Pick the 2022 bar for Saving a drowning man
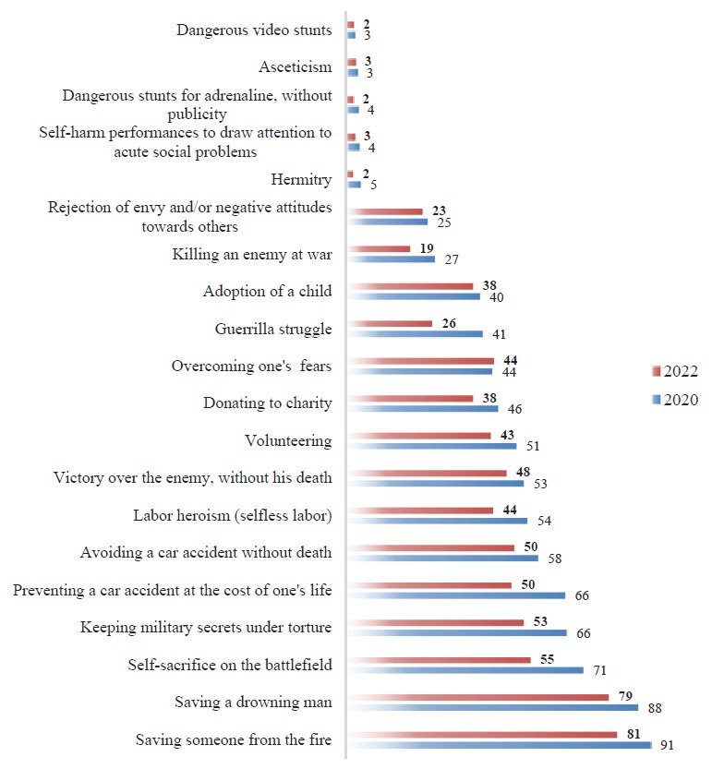pyautogui.click(x=477, y=697)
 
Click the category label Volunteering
pyautogui.click(x=288, y=440)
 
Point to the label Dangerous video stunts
pyautogui.click(x=254, y=30)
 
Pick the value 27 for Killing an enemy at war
pyautogui.click(x=452, y=259)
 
